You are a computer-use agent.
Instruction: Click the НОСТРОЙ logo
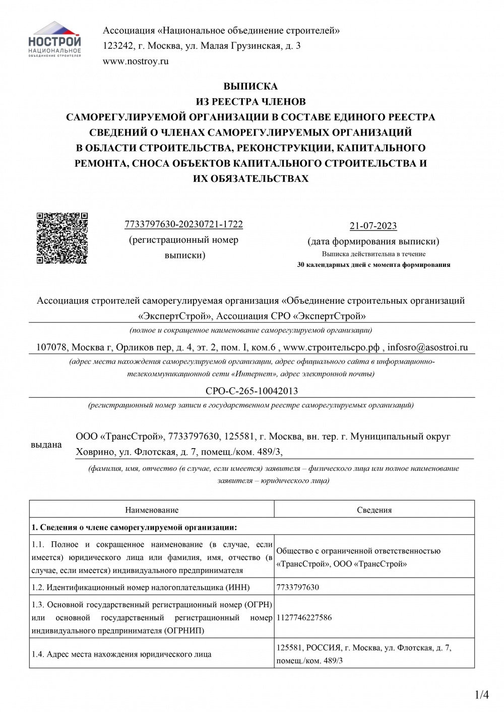click(x=55, y=40)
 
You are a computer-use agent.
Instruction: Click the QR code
click(x=62, y=237)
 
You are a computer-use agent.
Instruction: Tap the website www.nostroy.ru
click(x=135, y=61)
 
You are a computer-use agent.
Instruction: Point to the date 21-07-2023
click(x=373, y=226)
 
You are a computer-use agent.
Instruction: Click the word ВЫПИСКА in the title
click(x=250, y=86)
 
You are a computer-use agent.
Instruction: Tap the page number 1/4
click(x=482, y=696)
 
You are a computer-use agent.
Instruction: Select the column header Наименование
click(x=152, y=510)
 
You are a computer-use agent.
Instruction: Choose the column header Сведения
click(x=374, y=510)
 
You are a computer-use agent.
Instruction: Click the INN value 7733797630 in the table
click(x=298, y=587)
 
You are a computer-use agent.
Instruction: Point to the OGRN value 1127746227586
click(x=304, y=617)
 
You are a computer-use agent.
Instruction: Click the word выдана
click(x=46, y=445)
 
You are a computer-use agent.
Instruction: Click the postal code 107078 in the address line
click(x=52, y=347)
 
